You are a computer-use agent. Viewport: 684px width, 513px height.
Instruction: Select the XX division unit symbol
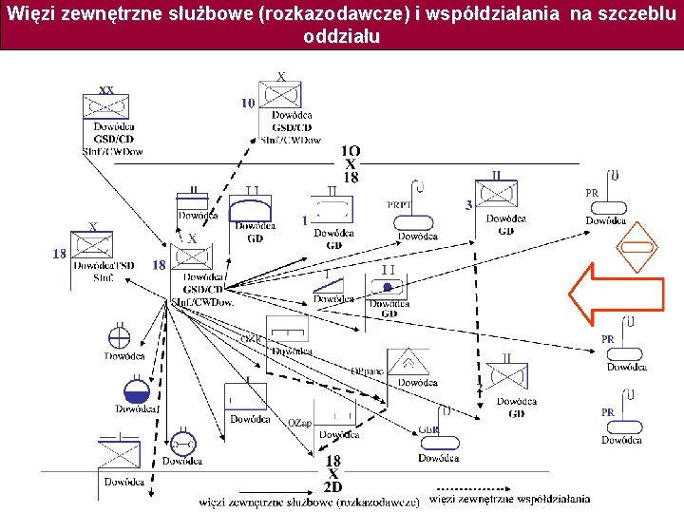[106, 104]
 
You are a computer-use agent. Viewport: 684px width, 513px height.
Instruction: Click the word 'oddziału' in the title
[341, 37]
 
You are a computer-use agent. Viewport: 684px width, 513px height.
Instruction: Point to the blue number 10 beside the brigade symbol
[248, 103]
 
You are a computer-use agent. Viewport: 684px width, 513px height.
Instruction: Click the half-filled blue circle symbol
[136, 390]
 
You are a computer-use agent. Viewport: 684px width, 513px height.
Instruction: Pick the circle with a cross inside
[119, 335]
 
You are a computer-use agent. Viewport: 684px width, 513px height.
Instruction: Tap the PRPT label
[399, 204]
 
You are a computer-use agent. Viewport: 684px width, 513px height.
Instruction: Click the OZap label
[299, 422]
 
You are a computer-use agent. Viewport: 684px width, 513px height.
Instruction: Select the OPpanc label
[366, 370]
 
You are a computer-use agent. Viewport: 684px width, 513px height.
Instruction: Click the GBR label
[427, 429]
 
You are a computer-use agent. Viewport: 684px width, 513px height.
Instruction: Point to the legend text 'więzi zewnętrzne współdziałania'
[510, 499]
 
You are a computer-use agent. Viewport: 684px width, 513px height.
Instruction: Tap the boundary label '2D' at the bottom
[333, 486]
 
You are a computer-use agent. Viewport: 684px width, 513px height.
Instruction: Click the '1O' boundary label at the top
[351, 151]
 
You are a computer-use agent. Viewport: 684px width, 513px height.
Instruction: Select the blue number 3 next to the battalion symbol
[468, 204]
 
